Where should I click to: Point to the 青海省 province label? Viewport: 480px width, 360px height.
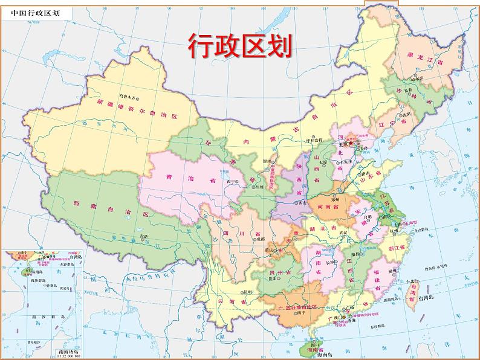183,179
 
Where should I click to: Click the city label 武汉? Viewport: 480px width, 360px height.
345,233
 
